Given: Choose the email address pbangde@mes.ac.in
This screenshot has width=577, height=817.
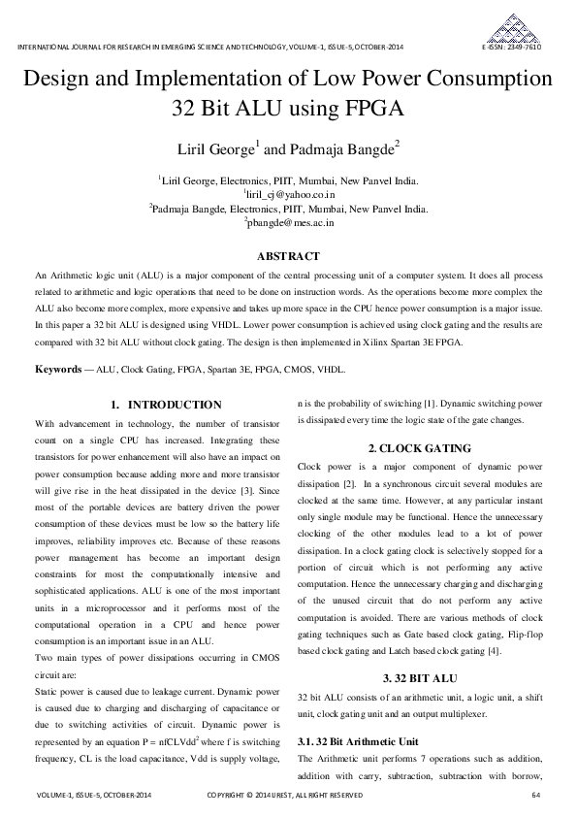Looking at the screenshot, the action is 289,222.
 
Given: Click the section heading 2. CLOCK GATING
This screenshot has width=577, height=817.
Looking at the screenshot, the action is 420,448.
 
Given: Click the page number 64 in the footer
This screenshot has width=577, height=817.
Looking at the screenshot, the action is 536,796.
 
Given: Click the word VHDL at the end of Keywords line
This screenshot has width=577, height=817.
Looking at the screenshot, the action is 331,370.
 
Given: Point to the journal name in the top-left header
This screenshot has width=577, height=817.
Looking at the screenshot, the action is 209,48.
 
